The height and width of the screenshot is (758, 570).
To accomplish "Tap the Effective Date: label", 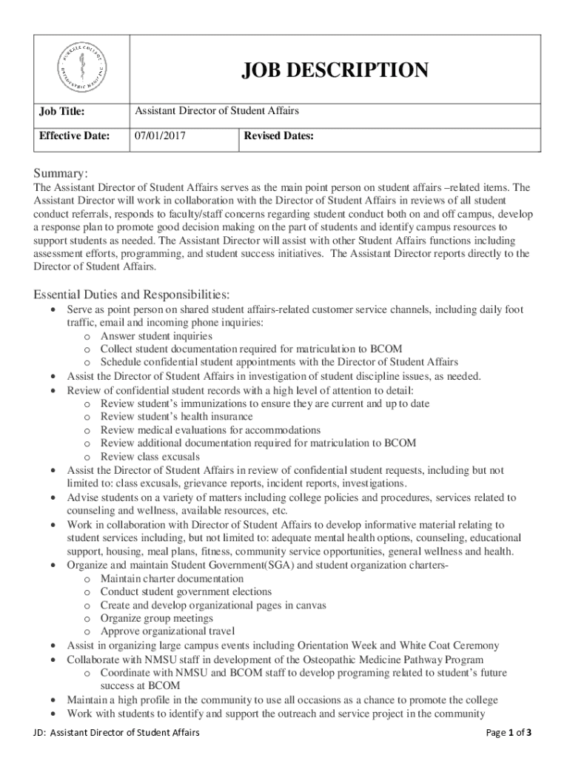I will click(74, 136).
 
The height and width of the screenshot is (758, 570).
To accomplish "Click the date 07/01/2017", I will click(160, 136).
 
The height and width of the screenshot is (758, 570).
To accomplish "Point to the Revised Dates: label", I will click(279, 136).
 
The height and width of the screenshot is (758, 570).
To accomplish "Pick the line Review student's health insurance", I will click(176, 417).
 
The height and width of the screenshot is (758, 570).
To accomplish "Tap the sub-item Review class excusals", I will click(150, 457).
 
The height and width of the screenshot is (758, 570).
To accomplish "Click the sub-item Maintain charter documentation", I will click(172, 578).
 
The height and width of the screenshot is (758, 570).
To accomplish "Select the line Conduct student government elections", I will click(186, 591).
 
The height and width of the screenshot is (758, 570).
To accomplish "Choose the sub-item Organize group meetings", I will click(157, 618).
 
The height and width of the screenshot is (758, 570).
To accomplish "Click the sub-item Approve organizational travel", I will click(167, 631).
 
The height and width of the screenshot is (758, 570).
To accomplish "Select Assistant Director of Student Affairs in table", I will click(217, 111).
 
